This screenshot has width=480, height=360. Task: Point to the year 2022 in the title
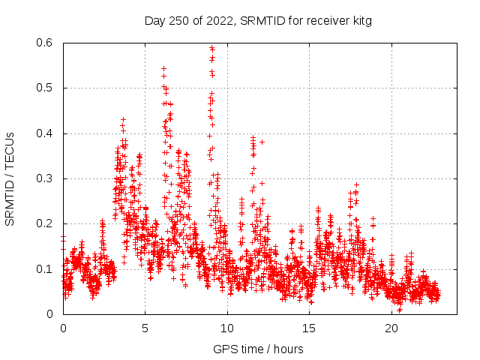[x=218, y=21]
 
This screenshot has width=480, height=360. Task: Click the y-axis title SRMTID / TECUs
[x=10, y=178]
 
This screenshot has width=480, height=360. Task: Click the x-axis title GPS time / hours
[x=258, y=349]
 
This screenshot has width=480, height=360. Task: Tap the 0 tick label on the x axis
[x=63, y=328]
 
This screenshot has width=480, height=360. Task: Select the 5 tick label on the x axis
[x=145, y=328]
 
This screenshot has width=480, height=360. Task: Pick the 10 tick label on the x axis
[x=227, y=328]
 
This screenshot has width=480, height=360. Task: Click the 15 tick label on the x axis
[x=309, y=328]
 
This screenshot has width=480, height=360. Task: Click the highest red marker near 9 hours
[x=211, y=48]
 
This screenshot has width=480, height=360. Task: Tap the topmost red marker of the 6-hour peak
[x=163, y=68]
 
